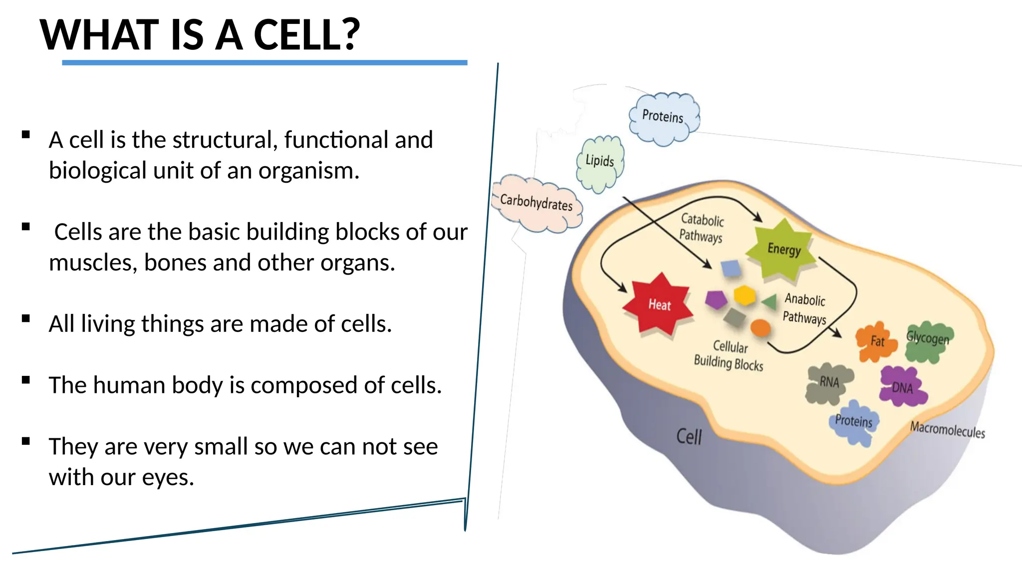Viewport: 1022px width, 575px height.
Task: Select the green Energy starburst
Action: [782, 249]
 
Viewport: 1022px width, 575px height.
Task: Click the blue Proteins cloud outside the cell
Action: [663, 118]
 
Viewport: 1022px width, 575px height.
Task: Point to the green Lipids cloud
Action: [600, 162]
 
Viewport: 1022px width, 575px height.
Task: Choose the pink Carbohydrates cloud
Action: [537, 204]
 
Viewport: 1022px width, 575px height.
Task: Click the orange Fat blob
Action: [875, 342]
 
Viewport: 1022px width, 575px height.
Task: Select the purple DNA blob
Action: [902, 387]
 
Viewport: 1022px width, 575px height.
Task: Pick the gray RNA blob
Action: [829, 383]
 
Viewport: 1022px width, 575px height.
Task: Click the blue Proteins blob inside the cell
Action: [854, 422]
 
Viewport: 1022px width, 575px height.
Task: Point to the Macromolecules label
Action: [947, 430]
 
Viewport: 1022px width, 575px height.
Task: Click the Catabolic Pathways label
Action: [702, 228]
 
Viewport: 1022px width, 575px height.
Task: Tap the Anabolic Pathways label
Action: [804, 308]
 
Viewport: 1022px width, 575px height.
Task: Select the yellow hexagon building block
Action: [745, 295]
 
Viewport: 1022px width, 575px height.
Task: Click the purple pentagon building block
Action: [716, 299]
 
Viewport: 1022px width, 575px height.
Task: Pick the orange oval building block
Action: [761, 328]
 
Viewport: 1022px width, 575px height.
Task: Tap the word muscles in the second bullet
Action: [93, 263]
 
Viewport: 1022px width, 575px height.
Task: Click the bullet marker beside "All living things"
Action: [26, 318]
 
